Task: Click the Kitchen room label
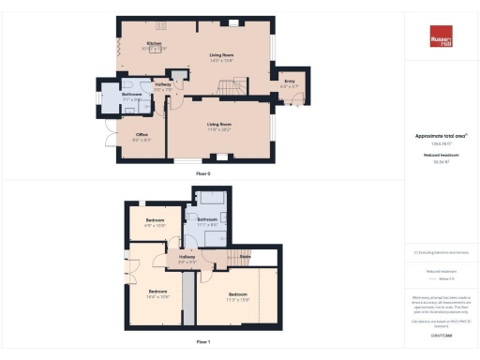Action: (x=156, y=43)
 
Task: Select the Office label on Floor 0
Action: (x=142, y=135)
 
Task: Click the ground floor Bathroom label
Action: (x=131, y=94)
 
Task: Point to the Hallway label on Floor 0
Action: (x=162, y=85)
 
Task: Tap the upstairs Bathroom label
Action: (x=207, y=219)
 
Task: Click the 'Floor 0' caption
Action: (x=203, y=174)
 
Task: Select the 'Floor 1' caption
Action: (x=203, y=342)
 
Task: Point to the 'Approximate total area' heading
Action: (x=440, y=136)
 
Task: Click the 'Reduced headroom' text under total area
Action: (x=441, y=155)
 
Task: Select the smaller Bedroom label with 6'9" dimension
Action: (x=155, y=223)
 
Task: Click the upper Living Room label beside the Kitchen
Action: (x=220, y=55)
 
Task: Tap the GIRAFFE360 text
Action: (x=441, y=336)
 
